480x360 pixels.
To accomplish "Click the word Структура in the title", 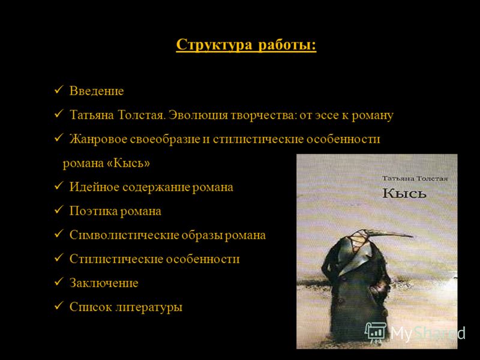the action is coord(214,45).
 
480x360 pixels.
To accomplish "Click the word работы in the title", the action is coord(287,45).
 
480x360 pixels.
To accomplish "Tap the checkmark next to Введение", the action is coord(58,90).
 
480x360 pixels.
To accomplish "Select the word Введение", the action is coord(97,91).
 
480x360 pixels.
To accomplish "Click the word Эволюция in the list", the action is coord(199,115).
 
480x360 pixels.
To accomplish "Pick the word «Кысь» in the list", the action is coord(128,163).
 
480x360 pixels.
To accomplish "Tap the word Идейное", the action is coord(94,187).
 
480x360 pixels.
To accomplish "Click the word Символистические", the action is coord(124,235).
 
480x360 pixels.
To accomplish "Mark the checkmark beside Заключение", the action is coord(58,282).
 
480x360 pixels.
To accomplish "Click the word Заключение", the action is coord(104,283).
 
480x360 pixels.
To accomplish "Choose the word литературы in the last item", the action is coord(149,307).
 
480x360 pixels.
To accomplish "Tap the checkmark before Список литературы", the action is coord(58,306).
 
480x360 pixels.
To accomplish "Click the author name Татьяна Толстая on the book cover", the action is coord(415,178).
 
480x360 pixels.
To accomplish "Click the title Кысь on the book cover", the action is coord(404,193).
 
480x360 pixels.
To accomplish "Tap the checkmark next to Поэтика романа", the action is coord(58,210).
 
